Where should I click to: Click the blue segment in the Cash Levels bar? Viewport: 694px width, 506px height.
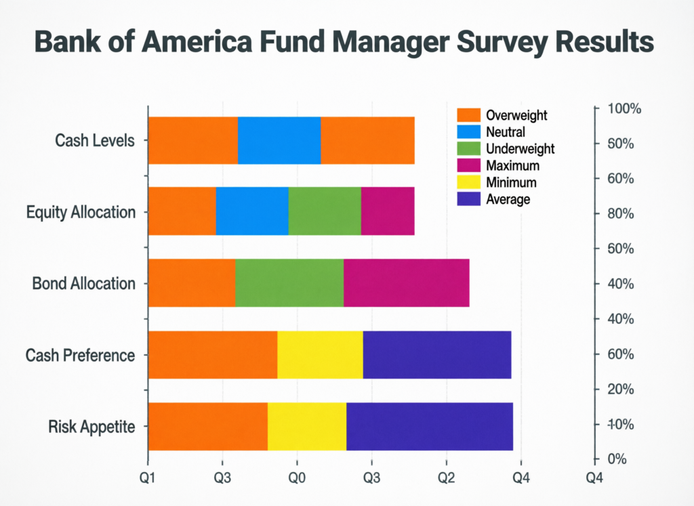[x=279, y=140]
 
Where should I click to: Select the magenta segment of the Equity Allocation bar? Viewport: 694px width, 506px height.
[x=387, y=211]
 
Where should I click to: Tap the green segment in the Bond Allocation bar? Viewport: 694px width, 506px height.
[x=289, y=282]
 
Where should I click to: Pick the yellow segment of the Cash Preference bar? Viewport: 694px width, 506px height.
[x=320, y=355]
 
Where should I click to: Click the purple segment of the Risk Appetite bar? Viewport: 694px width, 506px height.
[x=429, y=426]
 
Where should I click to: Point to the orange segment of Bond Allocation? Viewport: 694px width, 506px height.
[x=192, y=282]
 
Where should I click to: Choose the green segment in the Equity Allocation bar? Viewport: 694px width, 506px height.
[x=325, y=211]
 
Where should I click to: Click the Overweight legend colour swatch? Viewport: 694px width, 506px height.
[x=468, y=115]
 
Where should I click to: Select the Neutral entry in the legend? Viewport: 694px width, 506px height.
[x=506, y=132]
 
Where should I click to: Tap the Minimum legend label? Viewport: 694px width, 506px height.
[x=511, y=182]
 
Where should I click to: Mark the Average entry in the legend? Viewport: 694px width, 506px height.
[x=508, y=199]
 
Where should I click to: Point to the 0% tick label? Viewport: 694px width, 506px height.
[x=619, y=459]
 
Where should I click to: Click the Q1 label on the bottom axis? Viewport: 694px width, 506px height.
[x=148, y=478]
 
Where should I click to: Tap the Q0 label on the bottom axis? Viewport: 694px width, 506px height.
[x=297, y=478]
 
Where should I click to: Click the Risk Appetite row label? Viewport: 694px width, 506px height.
[x=91, y=427]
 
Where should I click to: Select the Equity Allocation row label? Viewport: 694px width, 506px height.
[x=81, y=212]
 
